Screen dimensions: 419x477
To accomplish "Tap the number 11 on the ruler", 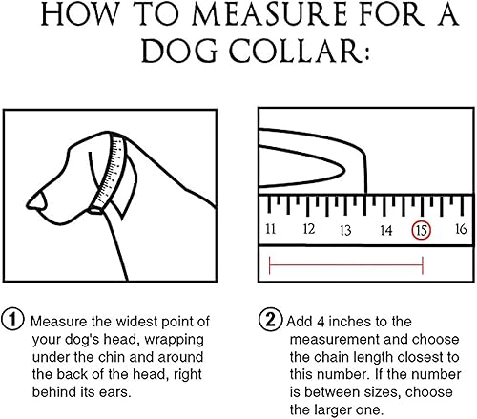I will (x=272, y=230).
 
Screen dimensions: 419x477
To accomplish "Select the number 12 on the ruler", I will (x=309, y=230).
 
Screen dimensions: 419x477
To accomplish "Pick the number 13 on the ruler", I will (x=346, y=230).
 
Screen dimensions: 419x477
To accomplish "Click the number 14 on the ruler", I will (x=384, y=230).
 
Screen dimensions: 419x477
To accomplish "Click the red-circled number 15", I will (x=421, y=230).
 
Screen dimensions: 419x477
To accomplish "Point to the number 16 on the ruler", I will (x=460, y=230).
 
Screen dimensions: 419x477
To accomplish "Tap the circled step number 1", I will (x=14, y=321).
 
